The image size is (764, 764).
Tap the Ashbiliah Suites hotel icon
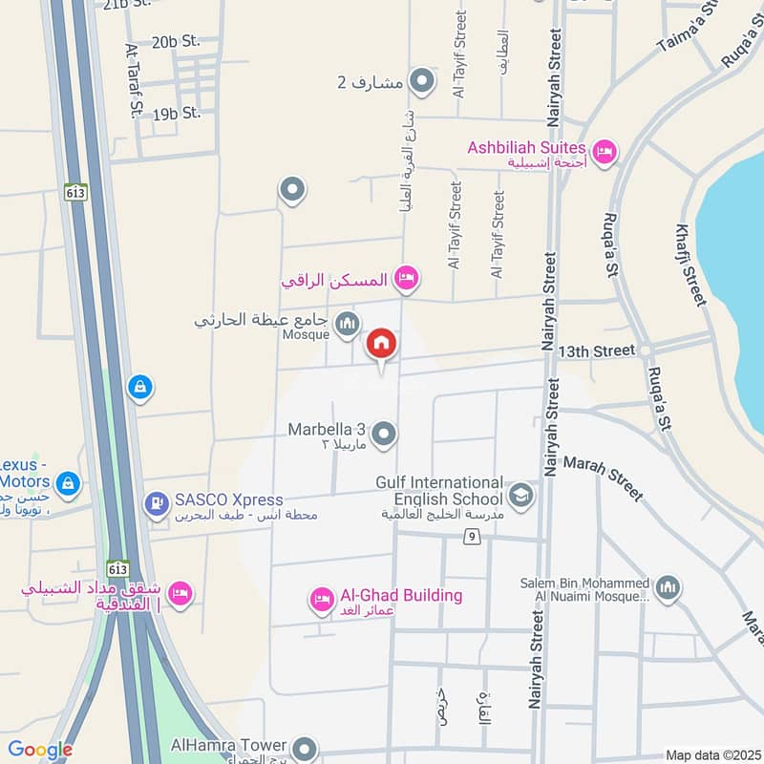pos(605,152)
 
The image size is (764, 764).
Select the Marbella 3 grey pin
pos(385,435)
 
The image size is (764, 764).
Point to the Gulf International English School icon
pos(521,494)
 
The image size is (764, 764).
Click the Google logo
pos(40,751)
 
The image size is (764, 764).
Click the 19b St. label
pos(176,113)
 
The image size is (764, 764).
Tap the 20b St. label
pos(176,41)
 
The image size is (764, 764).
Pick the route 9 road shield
pos(471,538)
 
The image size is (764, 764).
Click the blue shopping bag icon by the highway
pos(140,387)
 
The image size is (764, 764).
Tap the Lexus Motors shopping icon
pos(68,483)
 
